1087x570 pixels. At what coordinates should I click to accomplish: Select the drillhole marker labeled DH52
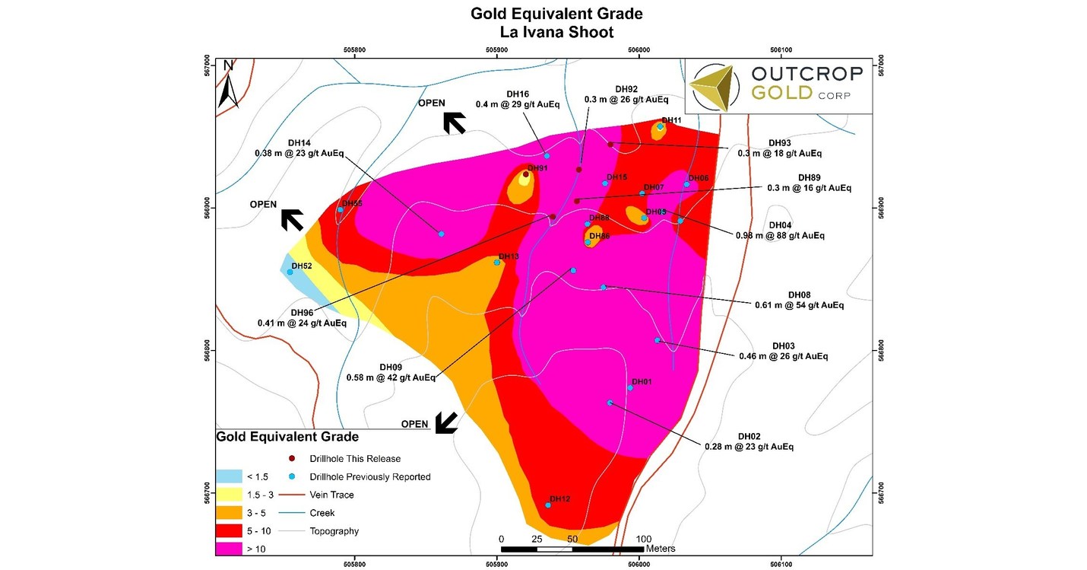click(290, 272)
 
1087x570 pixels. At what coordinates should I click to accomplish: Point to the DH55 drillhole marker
click(340, 210)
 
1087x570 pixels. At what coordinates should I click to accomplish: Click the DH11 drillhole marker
click(661, 127)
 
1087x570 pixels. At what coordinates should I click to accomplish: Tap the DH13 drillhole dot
click(497, 263)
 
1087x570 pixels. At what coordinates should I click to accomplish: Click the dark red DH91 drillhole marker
click(525, 174)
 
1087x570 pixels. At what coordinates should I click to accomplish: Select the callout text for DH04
click(780, 231)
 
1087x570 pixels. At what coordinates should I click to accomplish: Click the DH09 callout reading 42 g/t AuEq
click(391, 372)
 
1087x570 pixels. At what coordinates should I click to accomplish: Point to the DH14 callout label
click(299, 148)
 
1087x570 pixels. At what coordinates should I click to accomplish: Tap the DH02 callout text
click(749, 441)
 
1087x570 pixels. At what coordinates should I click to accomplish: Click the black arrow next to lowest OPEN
click(445, 423)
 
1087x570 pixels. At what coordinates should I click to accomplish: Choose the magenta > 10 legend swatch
click(227, 548)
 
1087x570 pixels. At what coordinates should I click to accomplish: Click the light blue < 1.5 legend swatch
click(227, 477)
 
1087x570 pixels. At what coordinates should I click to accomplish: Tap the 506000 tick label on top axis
click(639, 50)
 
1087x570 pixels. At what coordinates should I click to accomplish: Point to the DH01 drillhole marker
click(630, 388)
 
